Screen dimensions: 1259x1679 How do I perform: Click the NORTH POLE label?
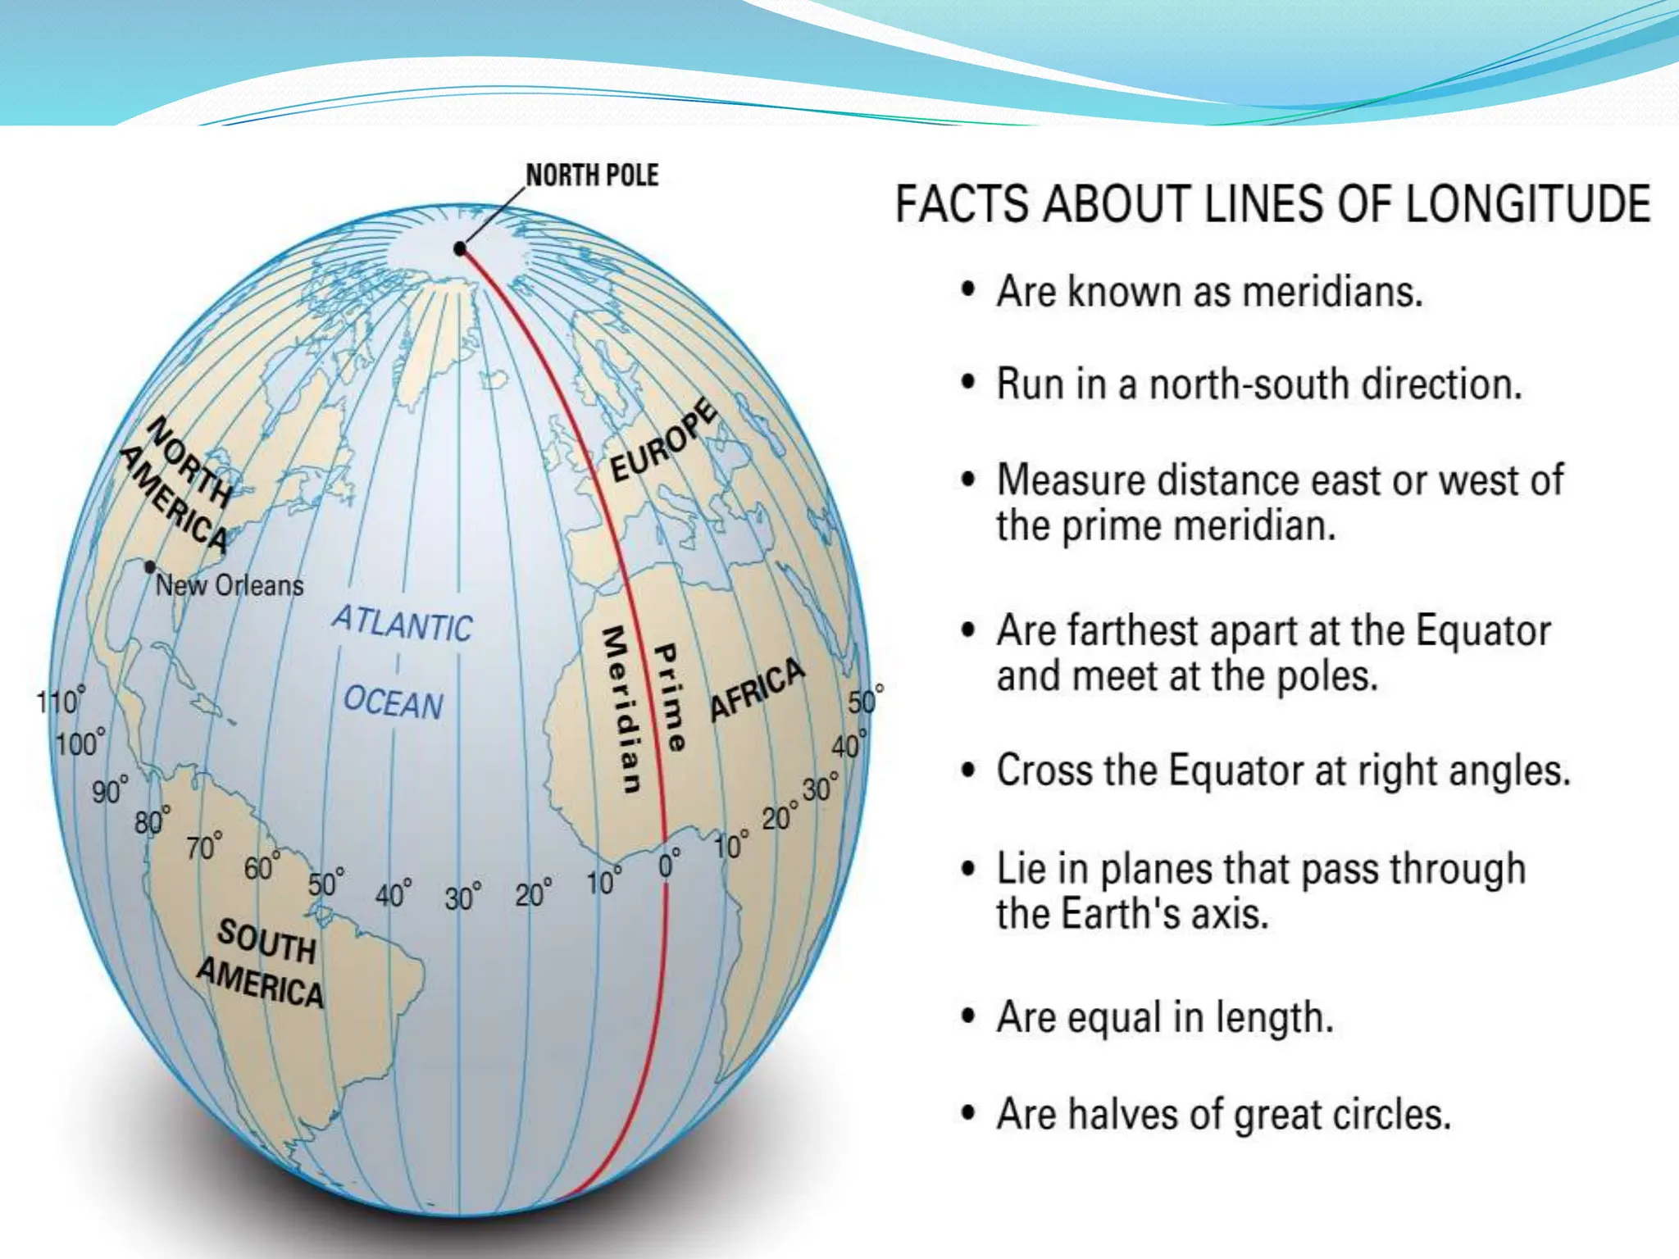592,175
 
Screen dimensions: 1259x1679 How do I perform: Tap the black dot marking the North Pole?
460,248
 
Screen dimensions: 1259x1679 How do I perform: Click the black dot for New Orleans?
150,567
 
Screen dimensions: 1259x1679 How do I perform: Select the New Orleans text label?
230,585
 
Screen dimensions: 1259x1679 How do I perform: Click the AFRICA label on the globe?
757,690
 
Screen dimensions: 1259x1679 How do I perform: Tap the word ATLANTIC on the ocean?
403,625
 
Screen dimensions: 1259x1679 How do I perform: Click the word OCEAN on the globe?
394,703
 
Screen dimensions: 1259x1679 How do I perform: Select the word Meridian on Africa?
621,710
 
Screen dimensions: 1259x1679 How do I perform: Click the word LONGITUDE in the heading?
1527,204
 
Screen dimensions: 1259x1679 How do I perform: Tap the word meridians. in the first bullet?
1332,292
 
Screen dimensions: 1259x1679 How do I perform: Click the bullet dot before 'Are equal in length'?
969,1017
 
